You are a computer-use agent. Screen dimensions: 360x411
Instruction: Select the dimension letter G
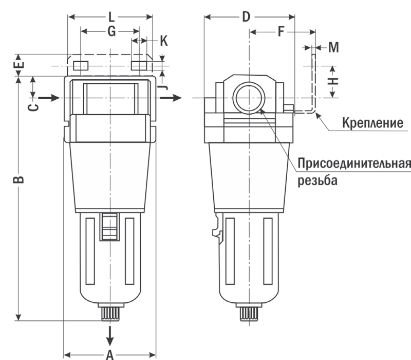(x=110, y=31)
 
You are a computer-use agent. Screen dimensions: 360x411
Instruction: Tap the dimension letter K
(x=163, y=41)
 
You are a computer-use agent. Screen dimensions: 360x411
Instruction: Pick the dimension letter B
(x=18, y=179)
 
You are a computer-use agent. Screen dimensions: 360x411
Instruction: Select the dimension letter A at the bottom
(x=109, y=354)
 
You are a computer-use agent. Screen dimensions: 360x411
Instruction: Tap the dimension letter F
(x=281, y=31)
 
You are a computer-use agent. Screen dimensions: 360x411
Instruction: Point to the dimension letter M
(x=333, y=48)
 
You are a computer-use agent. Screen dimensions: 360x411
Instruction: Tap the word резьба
(x=318, y=181)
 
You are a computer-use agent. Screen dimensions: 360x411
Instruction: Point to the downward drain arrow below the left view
(x=109, y=335)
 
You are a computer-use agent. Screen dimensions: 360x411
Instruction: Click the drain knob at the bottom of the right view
(x=249, y=313)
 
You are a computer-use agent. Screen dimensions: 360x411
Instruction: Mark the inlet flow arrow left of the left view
(x=50, y=97)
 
